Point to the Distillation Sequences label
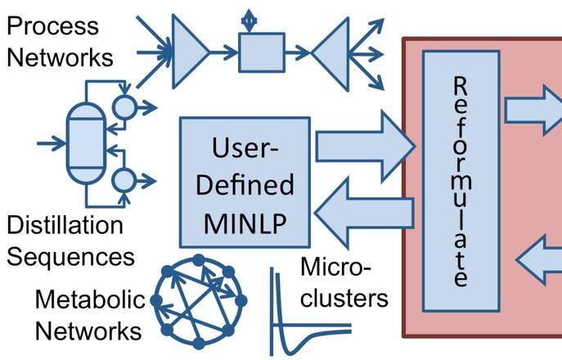(69, 241)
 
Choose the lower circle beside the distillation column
(124, 178)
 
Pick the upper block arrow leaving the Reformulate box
(532, 110)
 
